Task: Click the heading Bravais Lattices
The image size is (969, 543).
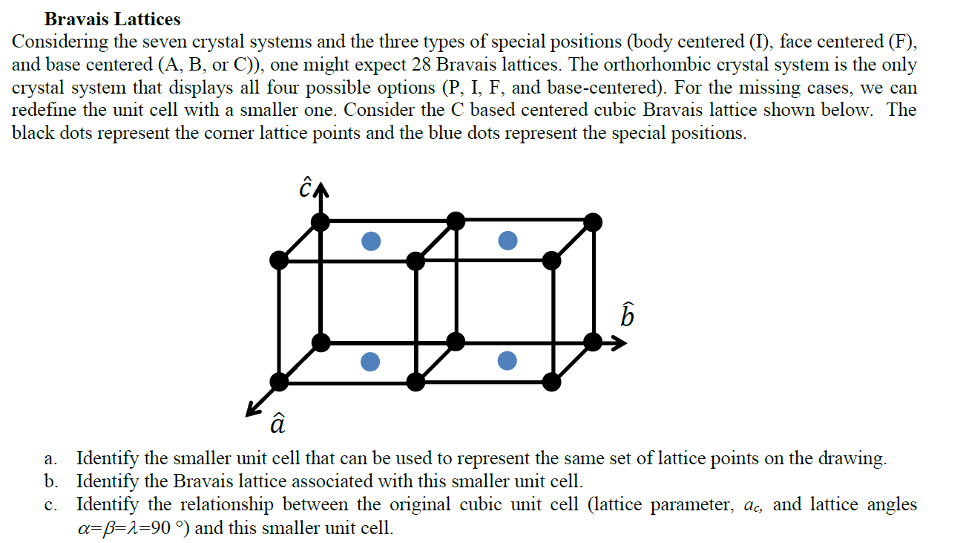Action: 112,19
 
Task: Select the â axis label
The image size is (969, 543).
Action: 276,423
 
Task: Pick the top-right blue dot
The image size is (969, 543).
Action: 507,241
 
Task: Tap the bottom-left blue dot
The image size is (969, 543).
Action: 370,361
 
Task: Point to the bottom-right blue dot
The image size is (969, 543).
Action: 507,361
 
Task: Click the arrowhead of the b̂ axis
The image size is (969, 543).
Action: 620,342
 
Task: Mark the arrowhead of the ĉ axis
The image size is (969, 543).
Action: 321,191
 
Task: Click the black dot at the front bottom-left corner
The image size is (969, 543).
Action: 279,382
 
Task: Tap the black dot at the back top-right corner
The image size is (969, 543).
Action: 593,221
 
